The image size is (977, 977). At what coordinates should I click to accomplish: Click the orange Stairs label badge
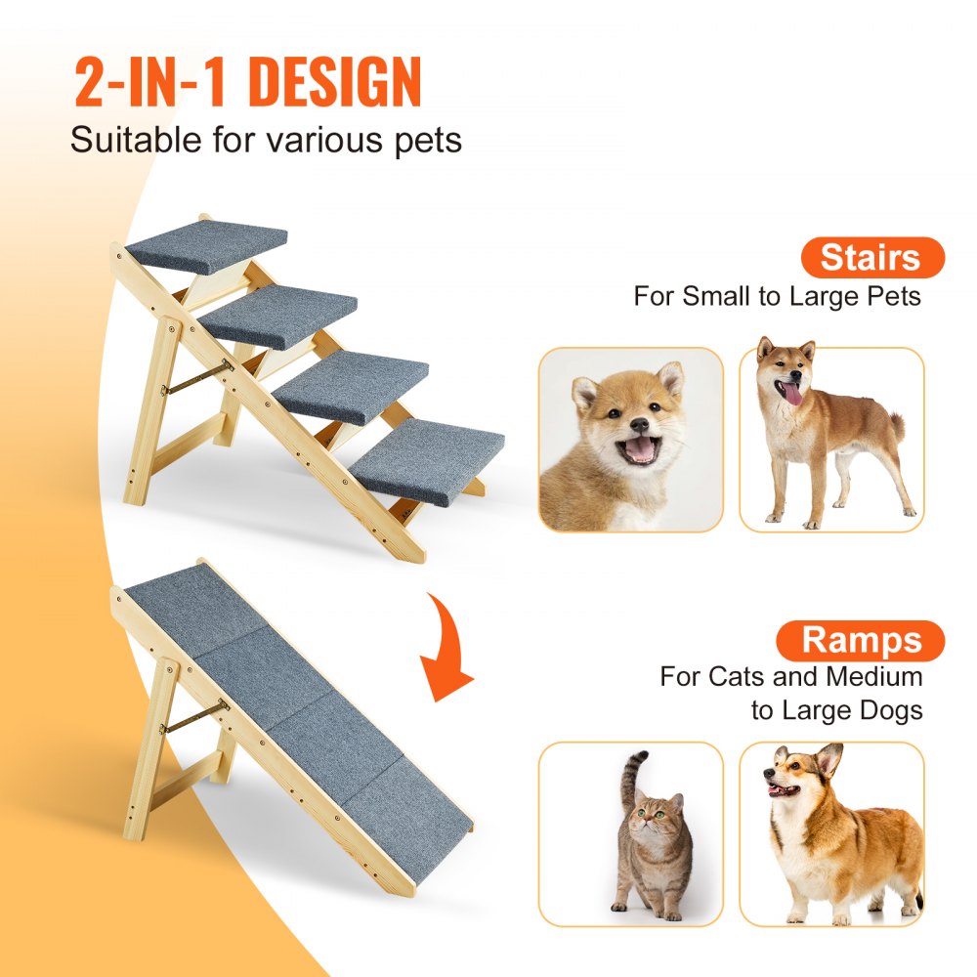pyautogui.click(x=871, y=258)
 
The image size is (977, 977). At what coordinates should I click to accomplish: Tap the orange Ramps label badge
pyautogui.click(x=860, y=641)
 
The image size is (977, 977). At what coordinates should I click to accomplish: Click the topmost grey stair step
pyautogui.click(x=207, y=245)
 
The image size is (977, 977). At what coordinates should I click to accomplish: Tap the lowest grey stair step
pyautogui.click(x=427, y=459)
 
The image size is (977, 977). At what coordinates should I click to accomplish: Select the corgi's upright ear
pyautogui.click(x=830, y=759)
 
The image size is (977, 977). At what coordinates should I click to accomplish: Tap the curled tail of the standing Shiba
pyautogui.click(x=894, y=424)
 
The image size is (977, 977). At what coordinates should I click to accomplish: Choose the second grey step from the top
pyautogui.click(x=279, y=315)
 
